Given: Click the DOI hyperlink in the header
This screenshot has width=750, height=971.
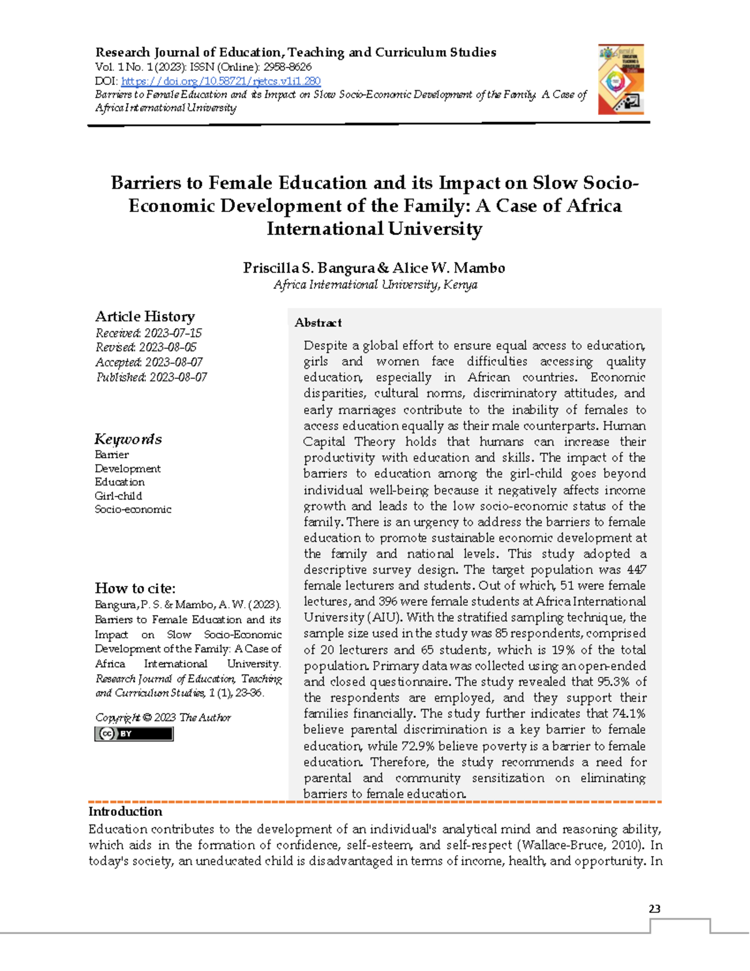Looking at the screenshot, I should [x=221, y=81].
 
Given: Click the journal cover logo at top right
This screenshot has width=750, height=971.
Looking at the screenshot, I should [x=621, y=79].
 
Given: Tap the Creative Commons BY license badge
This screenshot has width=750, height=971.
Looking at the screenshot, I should [x=134, y=734].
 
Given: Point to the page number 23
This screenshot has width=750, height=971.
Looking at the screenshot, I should [x=654, y=909].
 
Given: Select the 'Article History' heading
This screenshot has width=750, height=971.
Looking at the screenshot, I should [x=145, y=316].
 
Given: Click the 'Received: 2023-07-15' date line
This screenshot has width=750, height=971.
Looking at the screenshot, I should [x=148, y=333].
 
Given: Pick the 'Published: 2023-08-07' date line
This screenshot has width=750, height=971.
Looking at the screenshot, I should [x=151, y=377].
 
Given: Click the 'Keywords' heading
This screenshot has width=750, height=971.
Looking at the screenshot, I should [x=128, y=439].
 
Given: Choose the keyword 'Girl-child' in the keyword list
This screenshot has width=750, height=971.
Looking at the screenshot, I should [x=118, y=496].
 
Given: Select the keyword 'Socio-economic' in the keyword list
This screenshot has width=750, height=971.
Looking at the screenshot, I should [x=132, y=510].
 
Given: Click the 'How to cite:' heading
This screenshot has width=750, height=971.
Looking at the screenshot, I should [x=135, y=588].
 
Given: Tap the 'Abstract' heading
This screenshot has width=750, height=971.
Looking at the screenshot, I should [x=318, y=323].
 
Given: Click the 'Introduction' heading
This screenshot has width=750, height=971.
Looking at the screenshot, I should [x=125, y=812].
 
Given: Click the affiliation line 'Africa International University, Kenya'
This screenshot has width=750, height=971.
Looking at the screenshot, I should [x=375, y=285].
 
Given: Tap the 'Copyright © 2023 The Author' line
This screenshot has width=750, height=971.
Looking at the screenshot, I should [x=163, y=718].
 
